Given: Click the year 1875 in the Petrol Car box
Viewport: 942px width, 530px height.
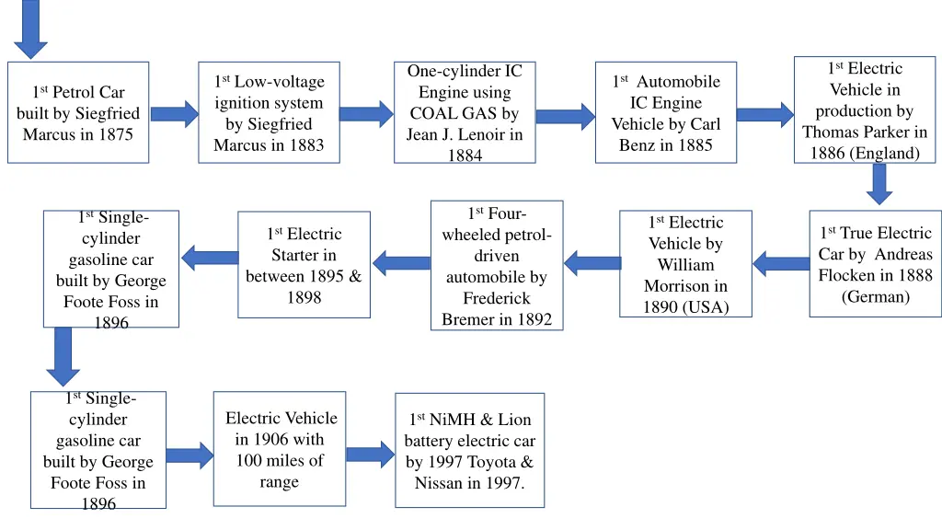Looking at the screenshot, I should click(117, 134).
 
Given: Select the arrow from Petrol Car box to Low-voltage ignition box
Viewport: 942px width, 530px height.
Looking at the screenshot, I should click(174, 114).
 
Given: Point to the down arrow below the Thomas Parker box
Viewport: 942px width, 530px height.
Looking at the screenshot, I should click(879, 183).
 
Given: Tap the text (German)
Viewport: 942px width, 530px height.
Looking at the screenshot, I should click(875, 296).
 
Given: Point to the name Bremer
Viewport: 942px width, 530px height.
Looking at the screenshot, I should click(466, 319).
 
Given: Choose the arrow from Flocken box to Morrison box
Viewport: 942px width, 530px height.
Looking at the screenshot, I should click(781, 264).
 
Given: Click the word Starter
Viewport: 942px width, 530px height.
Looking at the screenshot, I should click(304, 255).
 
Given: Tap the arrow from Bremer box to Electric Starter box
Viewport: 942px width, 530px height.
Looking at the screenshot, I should click(401, 263).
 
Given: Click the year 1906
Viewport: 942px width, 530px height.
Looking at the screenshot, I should click(272, 440).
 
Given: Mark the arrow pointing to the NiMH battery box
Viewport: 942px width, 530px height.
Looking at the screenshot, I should click(370, 454).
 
